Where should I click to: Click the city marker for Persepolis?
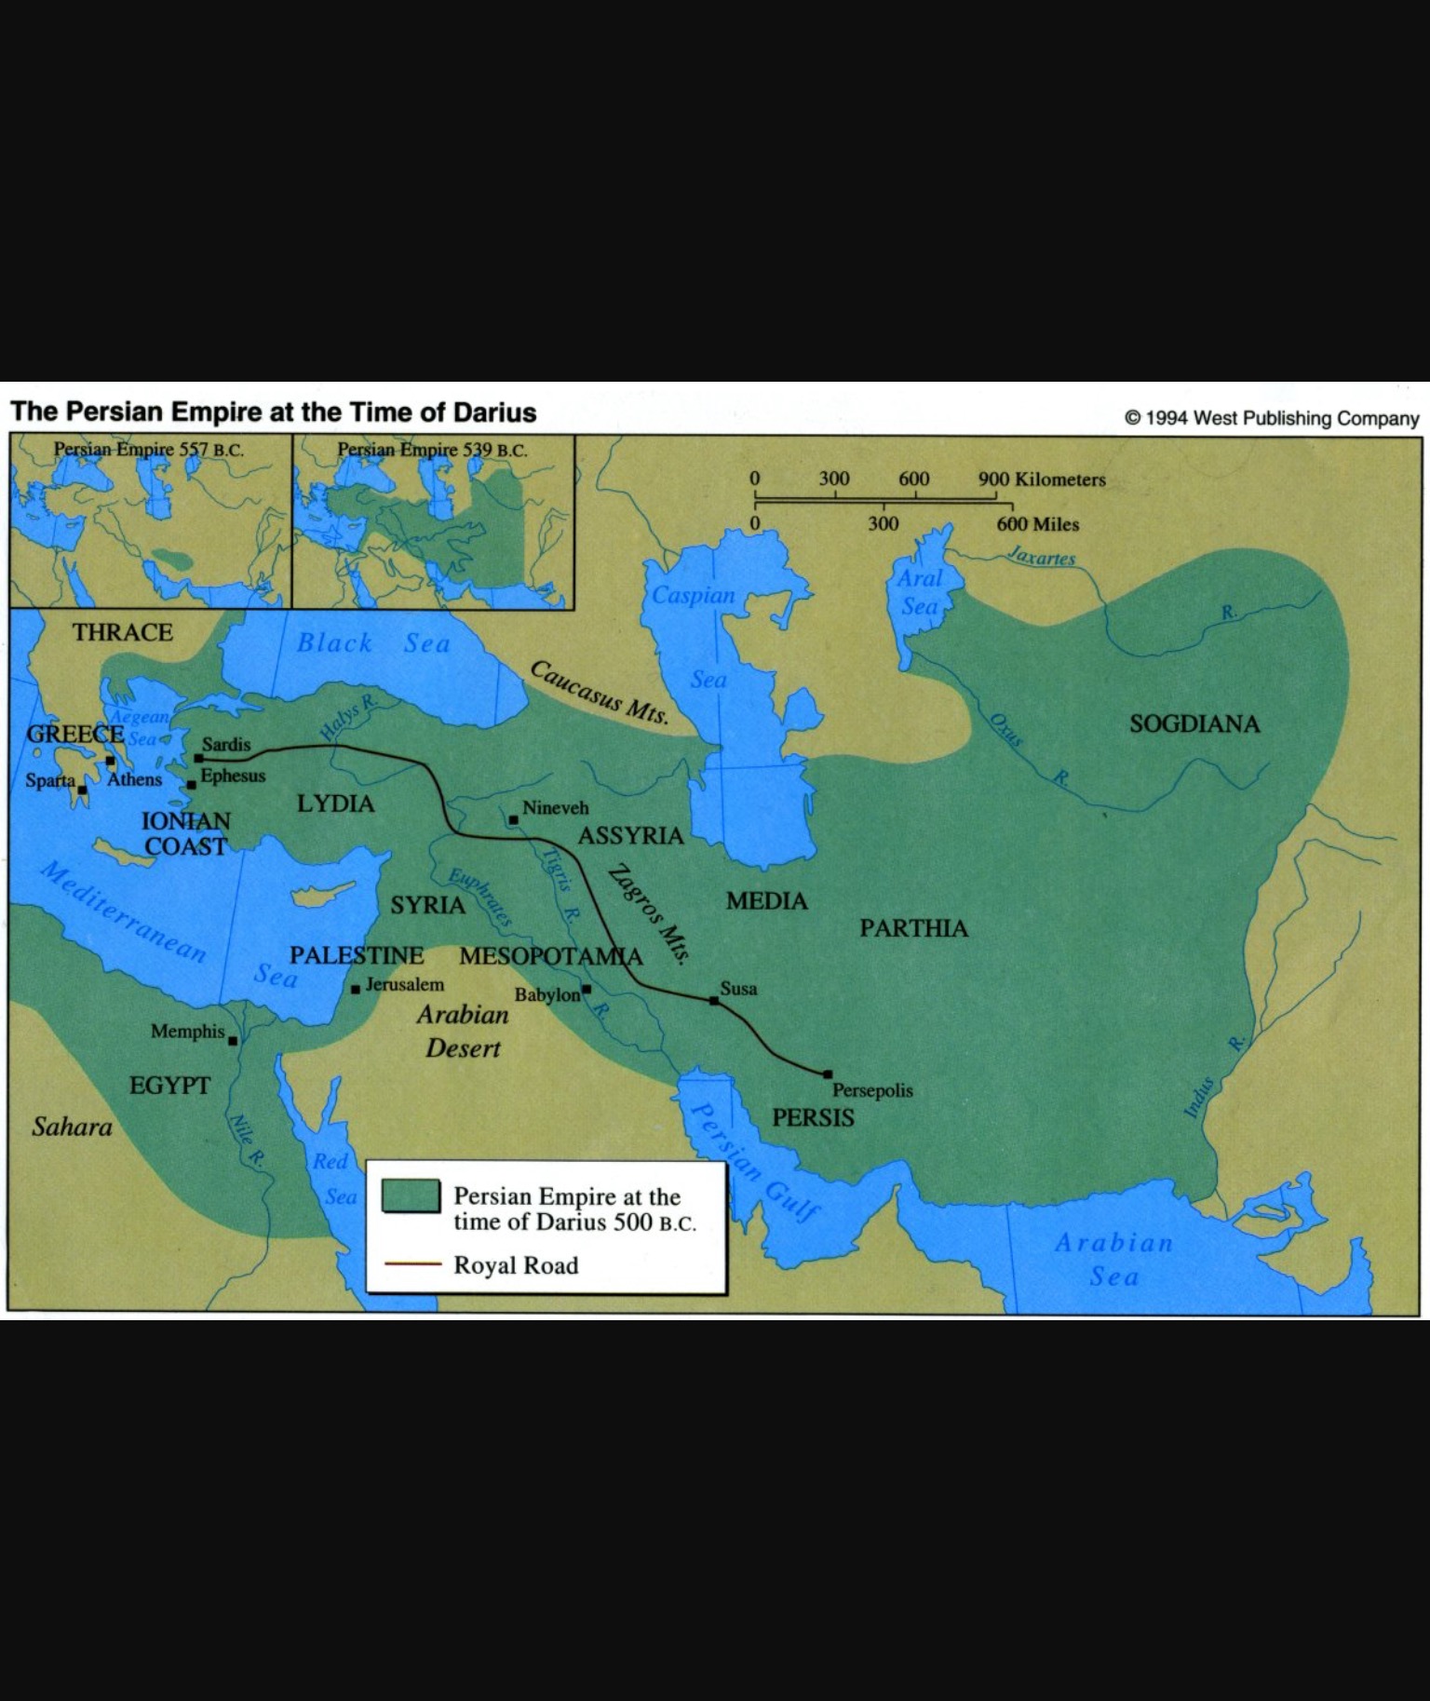coord(828,1073)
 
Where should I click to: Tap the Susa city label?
coord(738,988)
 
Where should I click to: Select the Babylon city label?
coord(547,994)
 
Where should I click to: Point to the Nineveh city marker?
coord(513,820)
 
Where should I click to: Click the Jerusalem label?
coord(404,984)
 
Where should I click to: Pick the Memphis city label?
coord(188,1032)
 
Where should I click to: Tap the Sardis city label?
coord(226,745)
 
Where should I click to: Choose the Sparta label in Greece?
coord(50,780)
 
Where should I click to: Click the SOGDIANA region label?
coord(1194,723)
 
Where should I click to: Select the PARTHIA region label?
coord(913,928)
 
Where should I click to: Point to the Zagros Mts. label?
coord(651,914)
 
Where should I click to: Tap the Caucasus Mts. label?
coord(600,694)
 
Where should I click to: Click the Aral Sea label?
coord(920,592)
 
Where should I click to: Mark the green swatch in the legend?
coord(411,1196)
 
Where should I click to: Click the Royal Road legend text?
coord(516,1265)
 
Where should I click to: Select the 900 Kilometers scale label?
coord(1042,479)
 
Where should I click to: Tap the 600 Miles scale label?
coord(1037,524)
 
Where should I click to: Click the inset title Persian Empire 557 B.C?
coord(149,450)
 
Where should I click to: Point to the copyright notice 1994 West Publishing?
coord(1272,418)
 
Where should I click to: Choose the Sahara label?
coord(72,1127)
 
